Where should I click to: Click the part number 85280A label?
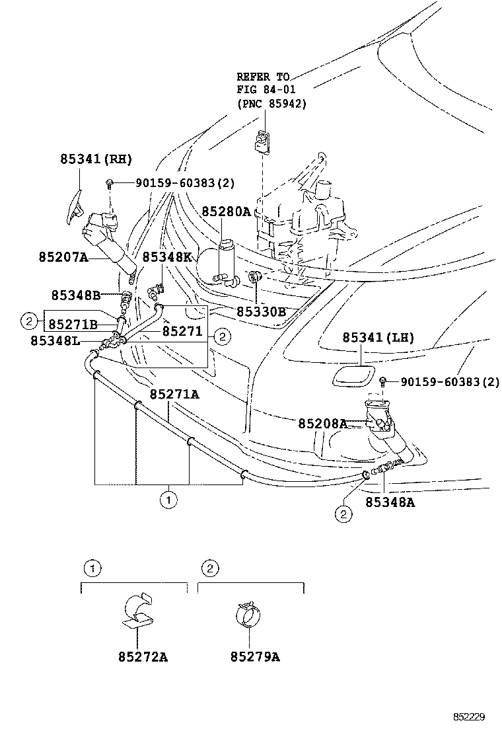(226, 212)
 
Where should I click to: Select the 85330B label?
(261, 312)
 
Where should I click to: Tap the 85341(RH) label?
(96, 159)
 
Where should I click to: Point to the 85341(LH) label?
(378, 338)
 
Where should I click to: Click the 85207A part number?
(63, 257)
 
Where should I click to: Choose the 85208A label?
(322, 424)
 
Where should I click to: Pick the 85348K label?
(167, 257)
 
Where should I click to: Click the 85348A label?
(390, 502)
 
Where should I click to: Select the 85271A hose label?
(174, 395)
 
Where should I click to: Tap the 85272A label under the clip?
(143, 657)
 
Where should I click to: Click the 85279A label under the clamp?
(255, 657)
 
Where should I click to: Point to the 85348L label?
(55, 341)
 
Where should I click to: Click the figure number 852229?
(469, 716)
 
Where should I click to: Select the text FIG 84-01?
(266, 89)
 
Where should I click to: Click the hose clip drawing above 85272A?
(139, 610)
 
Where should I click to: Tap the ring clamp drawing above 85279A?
(248, 614)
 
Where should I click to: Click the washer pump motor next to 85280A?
(229, 262)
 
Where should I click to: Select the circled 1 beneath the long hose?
(168, 500)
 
